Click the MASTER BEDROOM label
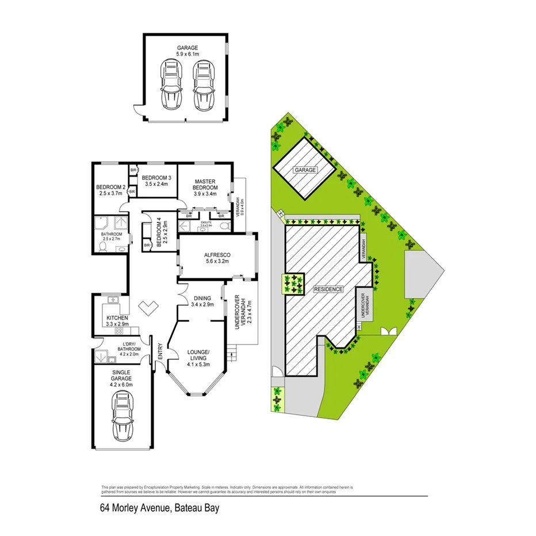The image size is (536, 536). [205, 185]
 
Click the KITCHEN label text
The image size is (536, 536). [117, 318]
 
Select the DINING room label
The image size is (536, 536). [202, 298]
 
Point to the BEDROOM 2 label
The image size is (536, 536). [110, 187]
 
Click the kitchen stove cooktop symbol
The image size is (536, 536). [120, 331]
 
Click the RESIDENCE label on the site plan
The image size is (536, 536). [328, 289]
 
